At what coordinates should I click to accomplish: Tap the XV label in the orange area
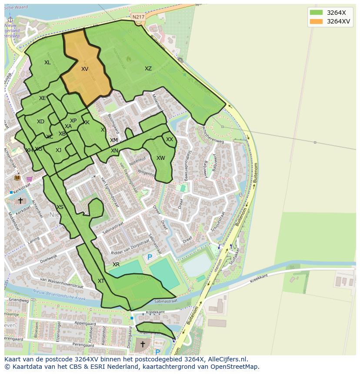(x=85, y=69)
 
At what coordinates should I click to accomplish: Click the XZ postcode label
(x=148, y=69)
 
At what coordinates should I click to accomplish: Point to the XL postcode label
(x=47, y=63)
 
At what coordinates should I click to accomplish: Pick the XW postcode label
(x=161, y=158)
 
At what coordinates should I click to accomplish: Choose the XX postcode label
(x=170, y=139)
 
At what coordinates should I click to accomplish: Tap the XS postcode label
(x=60, y=207)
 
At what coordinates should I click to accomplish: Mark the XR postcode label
(x=116, y=265)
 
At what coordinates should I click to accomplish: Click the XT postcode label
(x=101, y=281)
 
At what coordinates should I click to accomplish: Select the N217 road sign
(x=138, y=17)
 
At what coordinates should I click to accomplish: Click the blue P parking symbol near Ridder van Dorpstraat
(x=150, y=257)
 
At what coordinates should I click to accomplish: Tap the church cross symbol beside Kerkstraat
(x=20, y=201)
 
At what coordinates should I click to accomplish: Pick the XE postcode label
(x=42, y=98)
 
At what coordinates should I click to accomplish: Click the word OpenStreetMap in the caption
(x=237, y=367)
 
